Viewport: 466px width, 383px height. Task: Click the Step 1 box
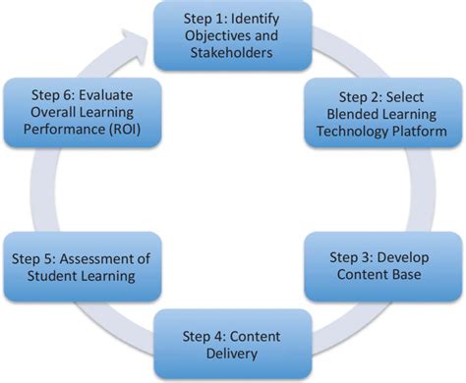(x=233, y=35)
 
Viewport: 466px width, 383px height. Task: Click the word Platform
(x=420, y=130)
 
